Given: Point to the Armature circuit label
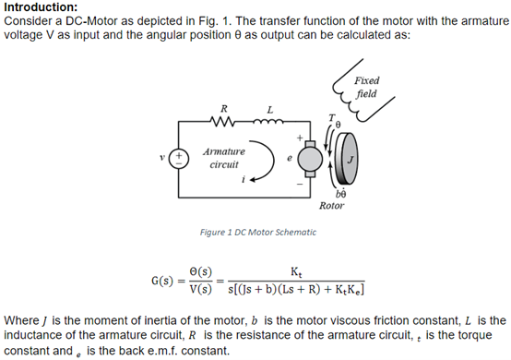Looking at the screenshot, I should coord(224,156).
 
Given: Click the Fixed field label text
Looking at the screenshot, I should coord(365,88).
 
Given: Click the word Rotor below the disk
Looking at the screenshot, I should coord(331,206).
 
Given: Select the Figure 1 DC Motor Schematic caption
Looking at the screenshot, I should coord(258,232).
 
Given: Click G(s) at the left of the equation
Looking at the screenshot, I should coord(165,279).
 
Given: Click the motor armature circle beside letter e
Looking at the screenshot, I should coord(308,160).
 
